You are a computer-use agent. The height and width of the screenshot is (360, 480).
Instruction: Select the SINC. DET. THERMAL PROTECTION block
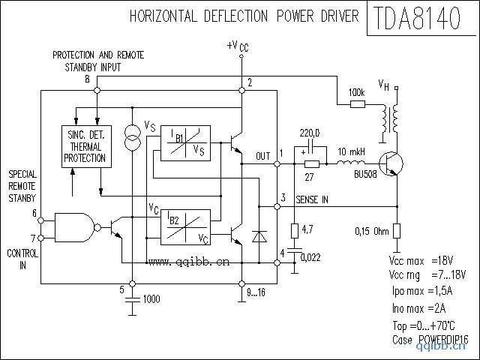pos(85,145)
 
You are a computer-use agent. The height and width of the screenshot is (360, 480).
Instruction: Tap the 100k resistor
pos(357,104)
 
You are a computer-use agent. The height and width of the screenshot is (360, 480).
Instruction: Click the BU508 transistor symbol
pos(391,163)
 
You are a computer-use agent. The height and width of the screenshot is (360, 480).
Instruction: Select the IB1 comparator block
pos(182,143)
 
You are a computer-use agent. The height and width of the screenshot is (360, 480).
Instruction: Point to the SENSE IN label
pos(312,199)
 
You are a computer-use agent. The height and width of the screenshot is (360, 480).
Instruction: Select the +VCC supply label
pos(237,46)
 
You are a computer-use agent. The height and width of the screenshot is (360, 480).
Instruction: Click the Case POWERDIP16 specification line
pos(430,340)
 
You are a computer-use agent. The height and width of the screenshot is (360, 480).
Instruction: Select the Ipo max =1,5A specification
pos(422,290)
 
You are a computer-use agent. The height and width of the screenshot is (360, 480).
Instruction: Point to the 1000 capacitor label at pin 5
pos(151,299)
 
